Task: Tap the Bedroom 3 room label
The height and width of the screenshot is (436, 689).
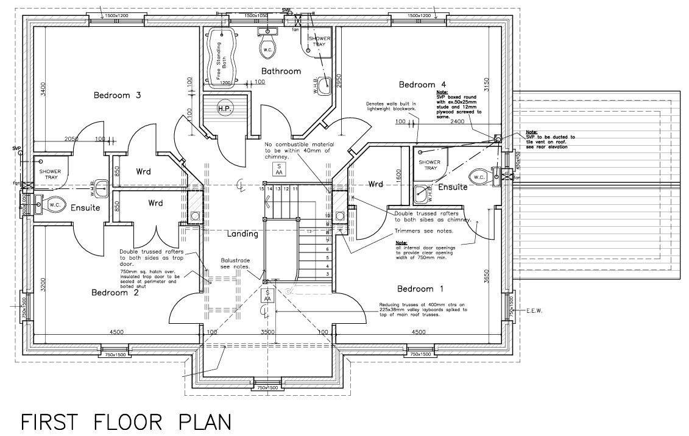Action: tap(118, 95)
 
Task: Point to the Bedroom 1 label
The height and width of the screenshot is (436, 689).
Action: tap(420, 288)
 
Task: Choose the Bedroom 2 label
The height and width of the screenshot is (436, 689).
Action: tap(115, 292)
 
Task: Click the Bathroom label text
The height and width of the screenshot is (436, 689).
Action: tap(281, 71)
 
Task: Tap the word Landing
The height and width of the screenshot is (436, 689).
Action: tap(243, 234)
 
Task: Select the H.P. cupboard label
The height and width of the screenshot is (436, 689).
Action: tap(224, 109)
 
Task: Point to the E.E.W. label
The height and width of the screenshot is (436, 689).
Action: tap(534, 310)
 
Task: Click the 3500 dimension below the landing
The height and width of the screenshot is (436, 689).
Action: tap(268, 332)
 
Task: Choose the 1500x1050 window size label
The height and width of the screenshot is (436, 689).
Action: tap(256, 15)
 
